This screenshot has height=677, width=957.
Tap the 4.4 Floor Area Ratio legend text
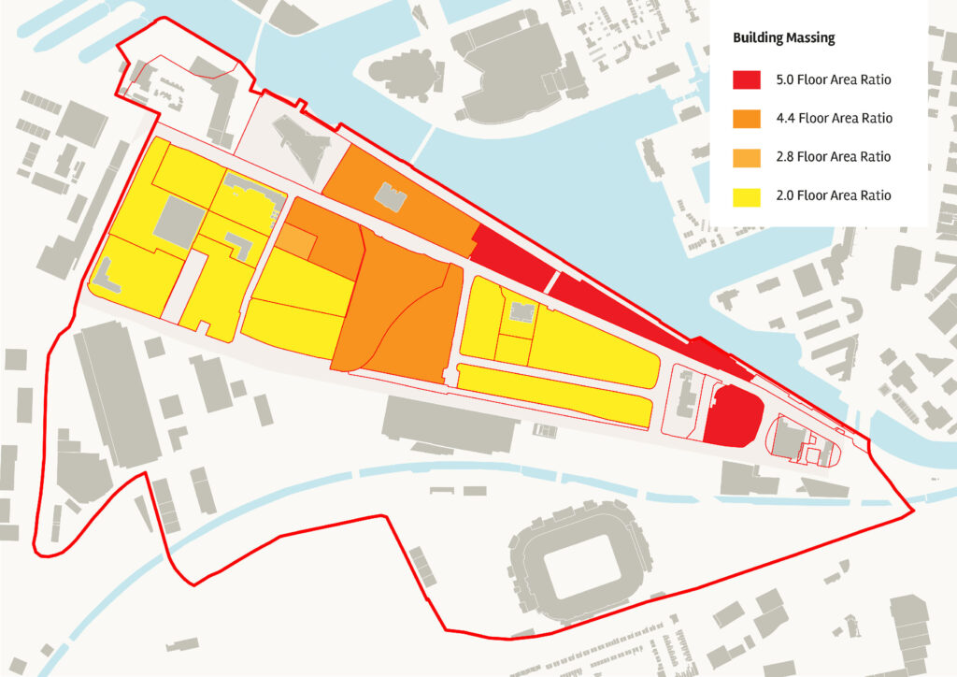(834, 119)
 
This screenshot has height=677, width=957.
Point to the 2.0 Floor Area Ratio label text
(834, 195)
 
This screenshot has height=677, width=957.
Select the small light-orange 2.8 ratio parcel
(293, 241)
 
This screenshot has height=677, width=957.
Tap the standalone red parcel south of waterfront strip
(733, 415)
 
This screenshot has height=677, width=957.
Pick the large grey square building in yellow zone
(179, 223)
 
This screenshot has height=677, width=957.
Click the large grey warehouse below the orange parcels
(450, 425)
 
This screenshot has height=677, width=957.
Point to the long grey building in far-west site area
(116, 393)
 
